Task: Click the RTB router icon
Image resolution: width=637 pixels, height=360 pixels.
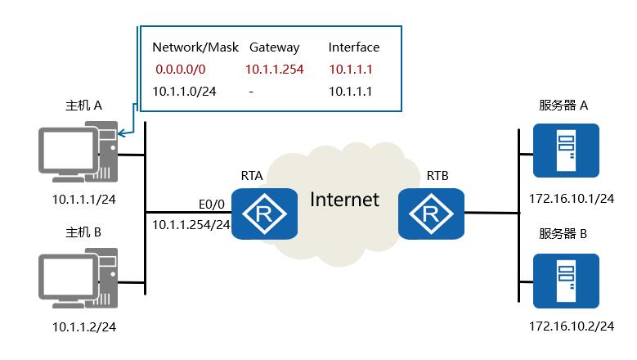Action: point(432,214)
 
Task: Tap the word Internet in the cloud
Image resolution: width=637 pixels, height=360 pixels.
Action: point(344,199)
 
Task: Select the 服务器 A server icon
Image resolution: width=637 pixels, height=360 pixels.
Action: point(566,151)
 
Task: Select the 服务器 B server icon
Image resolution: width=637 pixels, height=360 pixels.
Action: point(566,280)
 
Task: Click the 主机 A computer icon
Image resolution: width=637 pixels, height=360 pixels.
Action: point(80,151)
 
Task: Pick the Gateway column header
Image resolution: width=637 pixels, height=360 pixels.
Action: point(274,47)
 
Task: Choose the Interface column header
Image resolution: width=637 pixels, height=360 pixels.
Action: point(354,47)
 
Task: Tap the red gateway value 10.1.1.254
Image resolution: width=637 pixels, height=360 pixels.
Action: point(275,70)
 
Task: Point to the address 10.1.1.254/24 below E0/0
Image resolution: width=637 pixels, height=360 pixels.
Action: point(191,223)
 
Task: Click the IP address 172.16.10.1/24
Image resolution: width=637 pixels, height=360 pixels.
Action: point(572,198)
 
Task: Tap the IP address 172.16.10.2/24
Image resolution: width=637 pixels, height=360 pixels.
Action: point(572,327)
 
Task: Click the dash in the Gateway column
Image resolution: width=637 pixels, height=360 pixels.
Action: point(251,92)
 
